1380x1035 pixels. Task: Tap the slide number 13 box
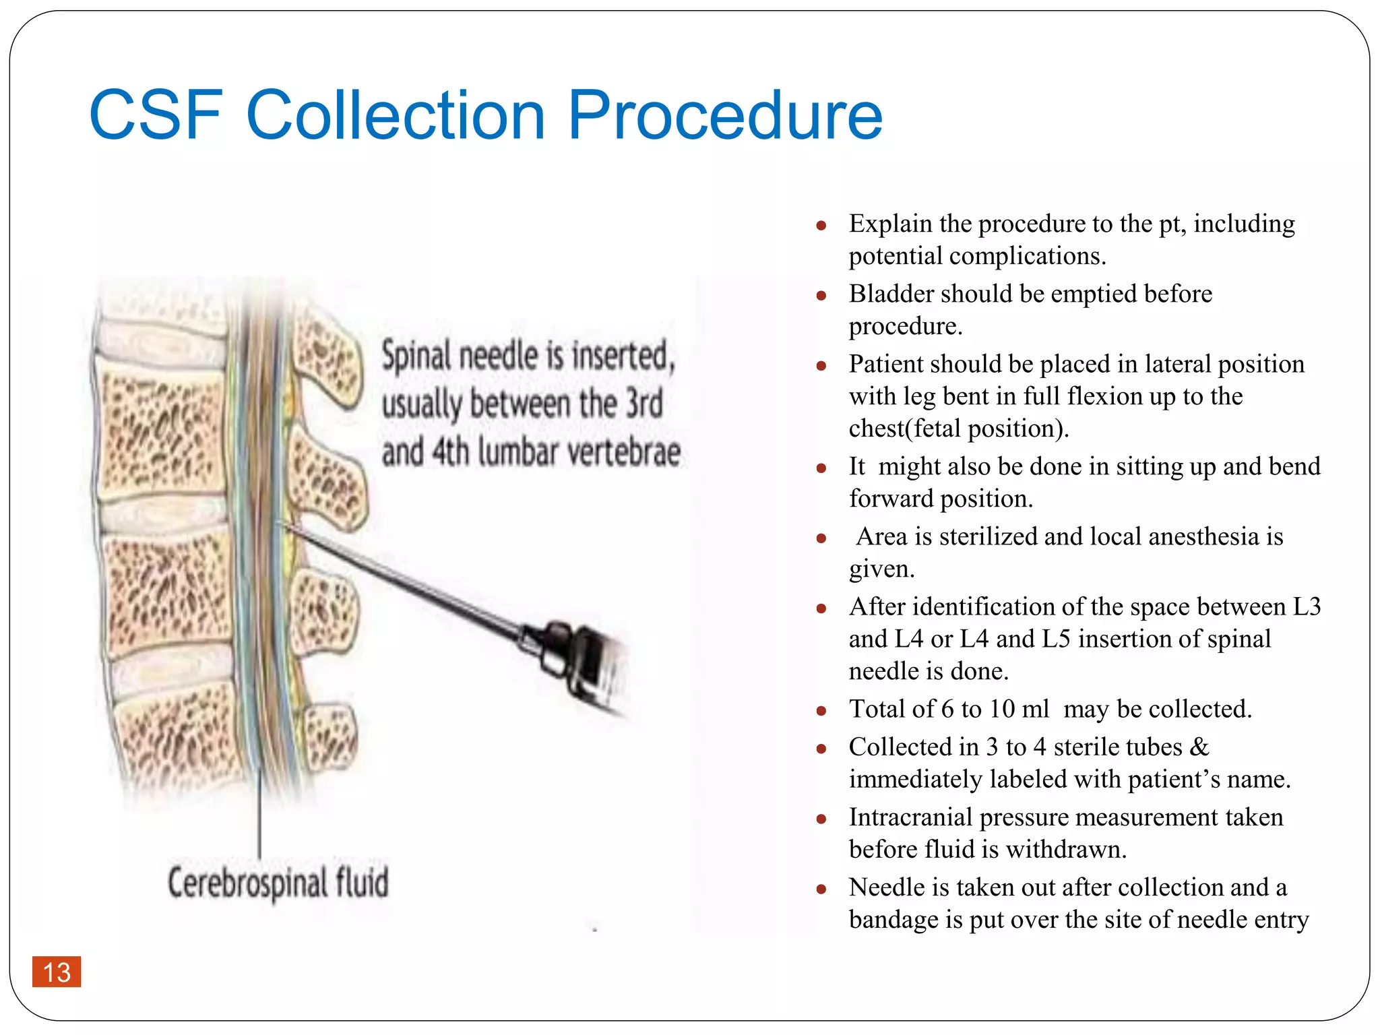pyautogui.click(x=57, y=972)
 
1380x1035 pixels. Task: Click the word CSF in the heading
pyautogui.click(x=156, y=116)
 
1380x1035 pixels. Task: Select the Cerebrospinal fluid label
pyautogui.click(x=278, y=883)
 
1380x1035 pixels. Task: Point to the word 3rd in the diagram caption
pyautogui.click(x=644, y=403)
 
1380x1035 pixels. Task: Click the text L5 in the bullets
pyautogui.click(x=1055, y=639)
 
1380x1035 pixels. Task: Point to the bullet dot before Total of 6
pyautogui.click(x=821, y=711)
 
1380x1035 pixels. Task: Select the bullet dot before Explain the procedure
pyautogui.click(x=821, y=226)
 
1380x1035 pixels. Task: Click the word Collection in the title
pyautogui.click(x=396, y=116)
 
